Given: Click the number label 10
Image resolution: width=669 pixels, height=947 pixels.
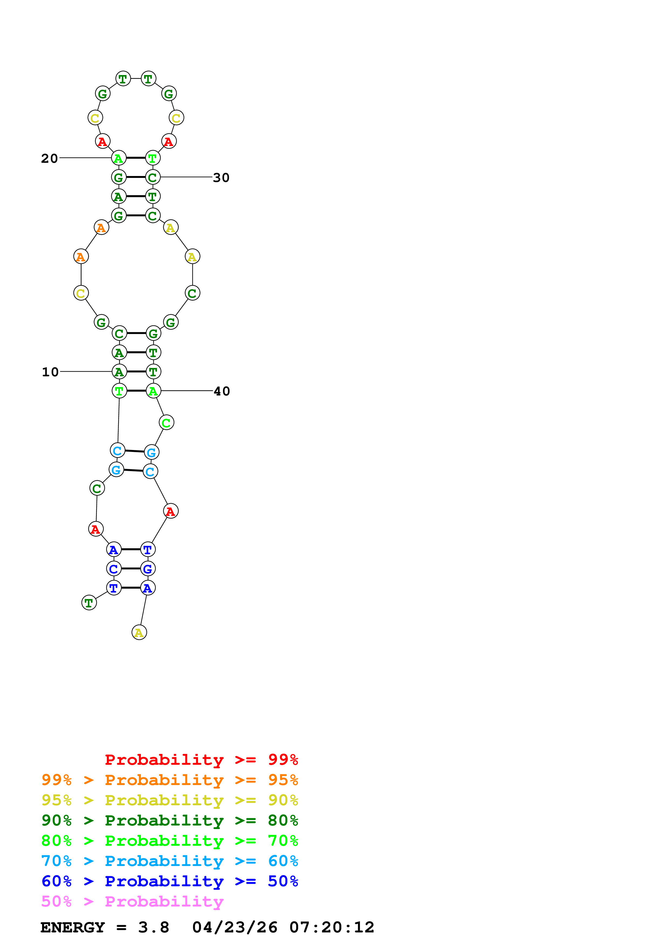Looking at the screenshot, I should [x=50, y=372].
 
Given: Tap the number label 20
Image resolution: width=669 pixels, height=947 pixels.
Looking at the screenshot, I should [x=49, y=158].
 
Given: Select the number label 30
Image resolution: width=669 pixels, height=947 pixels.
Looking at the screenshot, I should [x=221, y=178].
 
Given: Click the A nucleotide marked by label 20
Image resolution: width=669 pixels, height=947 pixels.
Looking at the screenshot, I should [x=119, y=158].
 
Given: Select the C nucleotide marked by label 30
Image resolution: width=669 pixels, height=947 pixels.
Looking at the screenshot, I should [x=152, y=177].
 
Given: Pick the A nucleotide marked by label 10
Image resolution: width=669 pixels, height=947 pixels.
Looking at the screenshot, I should [x=119, y=372].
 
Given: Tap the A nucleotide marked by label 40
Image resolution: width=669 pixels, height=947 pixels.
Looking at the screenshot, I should [x=153, y=391].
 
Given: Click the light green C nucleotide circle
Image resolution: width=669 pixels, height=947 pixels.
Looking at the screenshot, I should [x=166, y=422].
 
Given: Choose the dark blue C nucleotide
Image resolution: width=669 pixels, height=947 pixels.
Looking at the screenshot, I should [x=114, y=569].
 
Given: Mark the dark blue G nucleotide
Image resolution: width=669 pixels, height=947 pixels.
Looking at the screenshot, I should [x=148, y=569].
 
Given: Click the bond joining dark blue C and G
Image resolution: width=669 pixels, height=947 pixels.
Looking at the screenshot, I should [x=131, y=569].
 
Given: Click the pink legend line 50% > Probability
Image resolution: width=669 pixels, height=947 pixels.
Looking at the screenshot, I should [x=132, y=901].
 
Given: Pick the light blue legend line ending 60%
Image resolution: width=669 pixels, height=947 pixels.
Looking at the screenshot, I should [x=169, y=861].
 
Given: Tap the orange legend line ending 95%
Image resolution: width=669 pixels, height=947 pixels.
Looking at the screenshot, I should [x=169, y=780].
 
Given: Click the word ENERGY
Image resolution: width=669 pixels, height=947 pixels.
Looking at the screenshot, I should [x=73, y=927].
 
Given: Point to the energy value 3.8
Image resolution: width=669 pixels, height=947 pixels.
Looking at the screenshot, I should [x=153, y=927].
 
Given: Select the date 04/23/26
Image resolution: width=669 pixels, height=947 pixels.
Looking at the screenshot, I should [x=235, y=927].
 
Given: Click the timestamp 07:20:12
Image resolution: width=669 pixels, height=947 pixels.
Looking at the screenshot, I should [x=332, y=927].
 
